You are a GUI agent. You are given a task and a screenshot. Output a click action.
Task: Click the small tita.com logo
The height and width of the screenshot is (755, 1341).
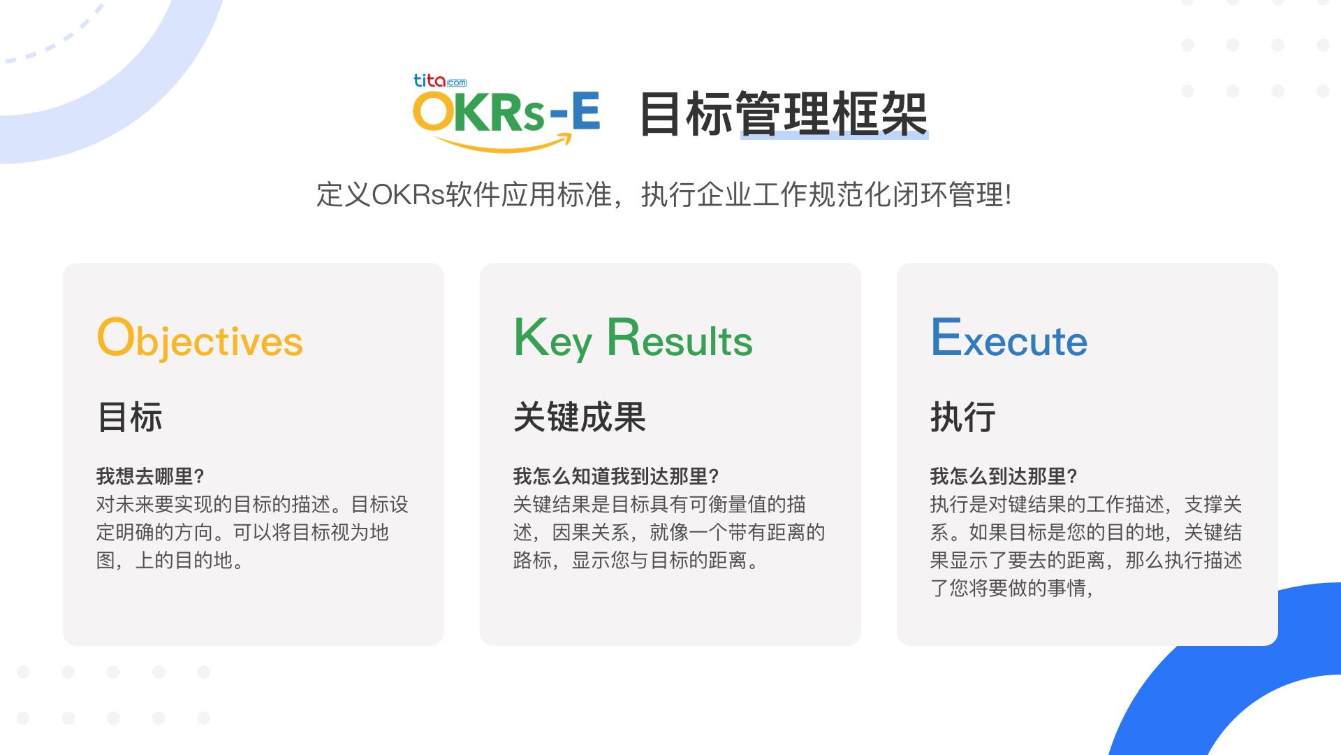pos(440,81)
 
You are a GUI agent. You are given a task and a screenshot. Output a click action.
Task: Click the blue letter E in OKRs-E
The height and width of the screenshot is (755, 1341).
pos(586,112)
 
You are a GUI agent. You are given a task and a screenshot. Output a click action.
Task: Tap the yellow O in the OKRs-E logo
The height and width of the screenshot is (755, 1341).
pos(432,112)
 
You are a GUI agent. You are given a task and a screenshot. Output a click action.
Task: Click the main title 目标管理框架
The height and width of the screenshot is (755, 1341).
pos(784,114)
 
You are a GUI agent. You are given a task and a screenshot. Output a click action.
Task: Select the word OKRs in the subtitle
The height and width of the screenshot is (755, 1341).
pos(409,195)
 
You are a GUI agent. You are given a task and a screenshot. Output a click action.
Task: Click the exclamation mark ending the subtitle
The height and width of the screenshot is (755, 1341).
pos(1008,195)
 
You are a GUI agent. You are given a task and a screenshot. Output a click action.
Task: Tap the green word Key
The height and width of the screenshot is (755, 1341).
pos(553,339)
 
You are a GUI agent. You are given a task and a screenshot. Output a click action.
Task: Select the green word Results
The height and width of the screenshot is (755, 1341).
pos(680,338)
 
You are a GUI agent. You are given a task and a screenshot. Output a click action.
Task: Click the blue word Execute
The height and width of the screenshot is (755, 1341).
pos(1009,338)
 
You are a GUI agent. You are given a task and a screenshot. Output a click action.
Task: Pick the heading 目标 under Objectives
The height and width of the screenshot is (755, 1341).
pos(130,417)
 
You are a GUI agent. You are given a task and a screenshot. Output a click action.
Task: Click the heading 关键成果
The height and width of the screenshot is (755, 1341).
pos(580,417)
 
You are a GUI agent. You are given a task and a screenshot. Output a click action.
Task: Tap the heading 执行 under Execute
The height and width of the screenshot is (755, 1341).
pos(963,417)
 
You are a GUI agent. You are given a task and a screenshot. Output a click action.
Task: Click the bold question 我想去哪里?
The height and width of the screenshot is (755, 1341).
pos(150,477)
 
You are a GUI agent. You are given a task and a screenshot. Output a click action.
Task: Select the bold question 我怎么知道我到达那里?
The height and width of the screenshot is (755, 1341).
pos(616,477)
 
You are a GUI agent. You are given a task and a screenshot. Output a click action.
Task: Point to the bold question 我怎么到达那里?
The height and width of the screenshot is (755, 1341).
pos(1004,477)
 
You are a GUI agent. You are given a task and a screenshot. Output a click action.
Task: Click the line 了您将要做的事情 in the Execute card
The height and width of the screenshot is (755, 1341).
pos(1011,588)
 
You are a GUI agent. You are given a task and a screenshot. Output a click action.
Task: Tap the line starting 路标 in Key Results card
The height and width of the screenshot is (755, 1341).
pos(636,561)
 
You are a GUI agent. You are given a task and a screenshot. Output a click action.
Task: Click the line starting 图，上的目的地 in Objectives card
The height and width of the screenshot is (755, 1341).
pos(170,561)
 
